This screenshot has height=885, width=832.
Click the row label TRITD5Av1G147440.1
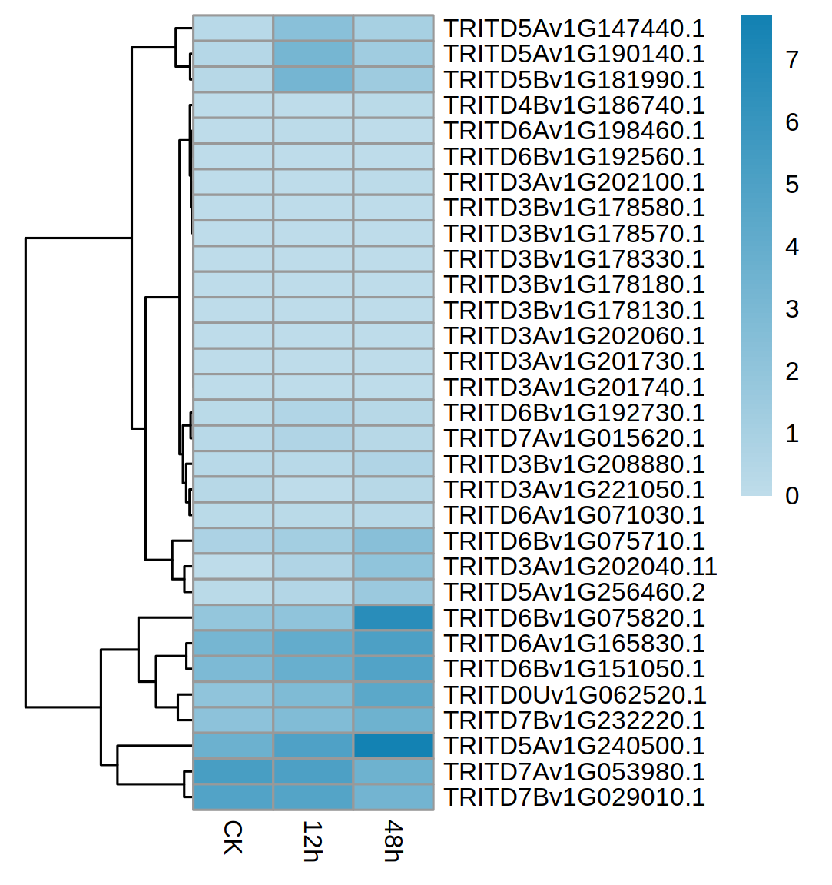[574, 28]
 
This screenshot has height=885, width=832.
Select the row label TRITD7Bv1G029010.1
[574, 797]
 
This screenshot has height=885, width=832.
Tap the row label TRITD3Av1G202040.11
[580, 567]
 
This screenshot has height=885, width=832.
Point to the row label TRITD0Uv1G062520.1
[575, 695]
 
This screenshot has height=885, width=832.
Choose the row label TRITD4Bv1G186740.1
[574, 105]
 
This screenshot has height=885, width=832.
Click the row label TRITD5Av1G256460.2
[574, 592]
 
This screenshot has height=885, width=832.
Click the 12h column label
[312, 841]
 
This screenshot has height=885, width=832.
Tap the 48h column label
[393, 841]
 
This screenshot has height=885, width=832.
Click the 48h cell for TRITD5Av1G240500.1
[393, 746]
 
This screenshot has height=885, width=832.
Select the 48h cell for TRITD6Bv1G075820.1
[393, 618]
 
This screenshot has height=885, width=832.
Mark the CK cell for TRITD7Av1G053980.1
[233, 772]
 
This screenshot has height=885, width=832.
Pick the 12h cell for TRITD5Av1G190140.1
[313, 54]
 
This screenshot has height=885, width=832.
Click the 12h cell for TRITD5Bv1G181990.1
[313, 80]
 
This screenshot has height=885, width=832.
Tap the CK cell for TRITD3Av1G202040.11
[233, 567]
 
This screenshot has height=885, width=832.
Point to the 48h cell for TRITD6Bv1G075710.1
[393, 541]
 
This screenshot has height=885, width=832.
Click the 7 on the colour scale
[792, 60]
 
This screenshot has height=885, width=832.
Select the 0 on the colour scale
[792, 496]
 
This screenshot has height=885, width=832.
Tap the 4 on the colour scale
[792, 247]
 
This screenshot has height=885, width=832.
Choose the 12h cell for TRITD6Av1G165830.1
[313, 644]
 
